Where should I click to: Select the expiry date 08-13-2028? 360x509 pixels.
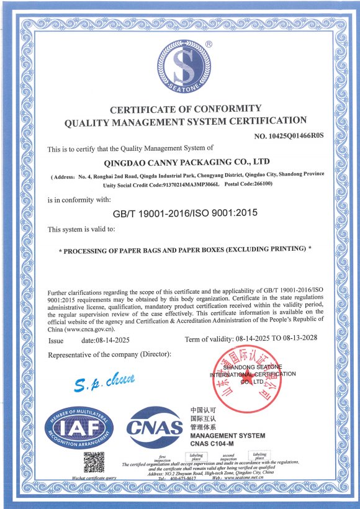(x=299, y=340)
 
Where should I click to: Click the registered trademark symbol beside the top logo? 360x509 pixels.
(x=209, y=44)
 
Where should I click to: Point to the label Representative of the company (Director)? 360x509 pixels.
(x=109, y=354)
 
